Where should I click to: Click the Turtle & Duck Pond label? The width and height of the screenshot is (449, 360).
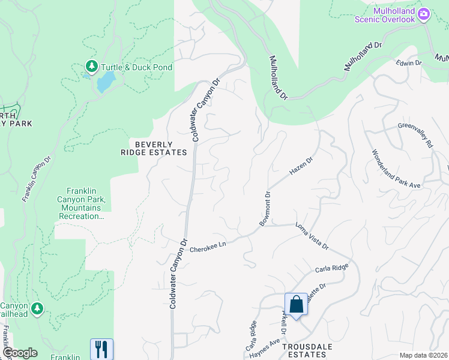[x=136, y=67]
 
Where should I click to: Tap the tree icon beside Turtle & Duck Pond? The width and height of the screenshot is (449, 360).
[x=92, y=66]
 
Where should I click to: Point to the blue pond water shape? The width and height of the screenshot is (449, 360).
[x=106, y=82]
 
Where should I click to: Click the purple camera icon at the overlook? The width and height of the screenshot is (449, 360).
[x=424, y=14]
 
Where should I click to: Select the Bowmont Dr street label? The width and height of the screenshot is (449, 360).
[x=265, y=208]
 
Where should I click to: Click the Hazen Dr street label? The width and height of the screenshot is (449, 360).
[x=301, y=166]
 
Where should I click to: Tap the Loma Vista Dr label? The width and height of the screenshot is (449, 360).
[x=312, y=236]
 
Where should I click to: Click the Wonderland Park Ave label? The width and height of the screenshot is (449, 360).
[x=396, y=169]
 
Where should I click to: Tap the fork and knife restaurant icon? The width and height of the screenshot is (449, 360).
[x=101, y=349]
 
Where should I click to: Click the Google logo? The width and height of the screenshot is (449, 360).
[x=19, y=353]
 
